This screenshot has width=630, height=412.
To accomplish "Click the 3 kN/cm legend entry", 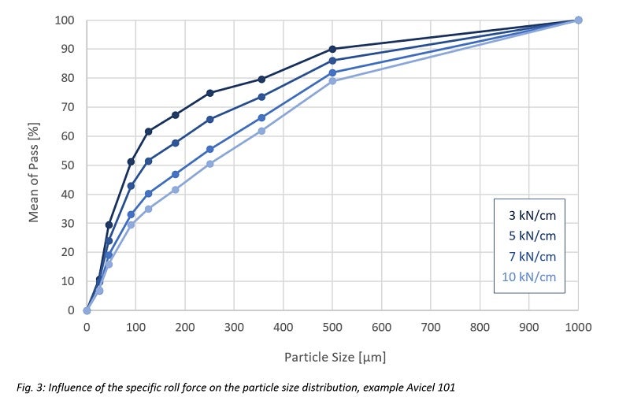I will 534,215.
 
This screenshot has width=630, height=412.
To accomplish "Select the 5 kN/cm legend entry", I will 534,236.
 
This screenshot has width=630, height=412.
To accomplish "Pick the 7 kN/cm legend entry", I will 534,256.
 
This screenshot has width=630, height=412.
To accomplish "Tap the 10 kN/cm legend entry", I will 530,277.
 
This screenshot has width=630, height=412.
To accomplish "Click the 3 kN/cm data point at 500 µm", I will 332,49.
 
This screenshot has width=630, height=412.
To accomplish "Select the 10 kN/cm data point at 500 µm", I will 332,81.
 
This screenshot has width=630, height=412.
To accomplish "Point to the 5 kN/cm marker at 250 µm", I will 209,119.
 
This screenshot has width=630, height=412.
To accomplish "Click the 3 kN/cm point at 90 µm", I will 131,161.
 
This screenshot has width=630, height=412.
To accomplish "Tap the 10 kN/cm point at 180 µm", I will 175,190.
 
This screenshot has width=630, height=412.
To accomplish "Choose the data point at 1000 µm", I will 578,20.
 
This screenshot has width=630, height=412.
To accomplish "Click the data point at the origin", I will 87,310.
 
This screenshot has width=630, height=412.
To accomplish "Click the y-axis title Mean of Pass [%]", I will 34,165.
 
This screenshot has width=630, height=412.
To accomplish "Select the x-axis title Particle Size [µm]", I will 335,358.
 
